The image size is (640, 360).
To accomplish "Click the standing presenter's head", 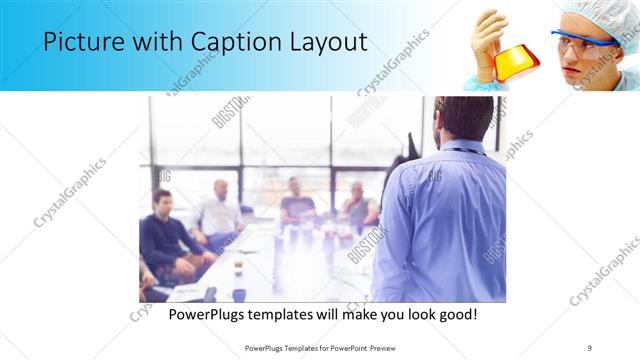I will (x=462, y=118).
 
